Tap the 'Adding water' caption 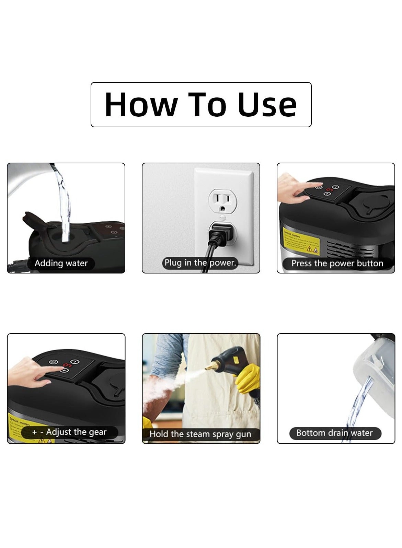tap(61, 263)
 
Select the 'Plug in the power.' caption tap(200, 263)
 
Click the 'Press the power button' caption tap(337, 263)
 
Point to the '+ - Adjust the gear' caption tap(69, 432)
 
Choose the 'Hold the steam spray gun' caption tap(200, 434)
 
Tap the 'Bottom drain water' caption tap(334, 433)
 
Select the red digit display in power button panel tap(330, 189)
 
